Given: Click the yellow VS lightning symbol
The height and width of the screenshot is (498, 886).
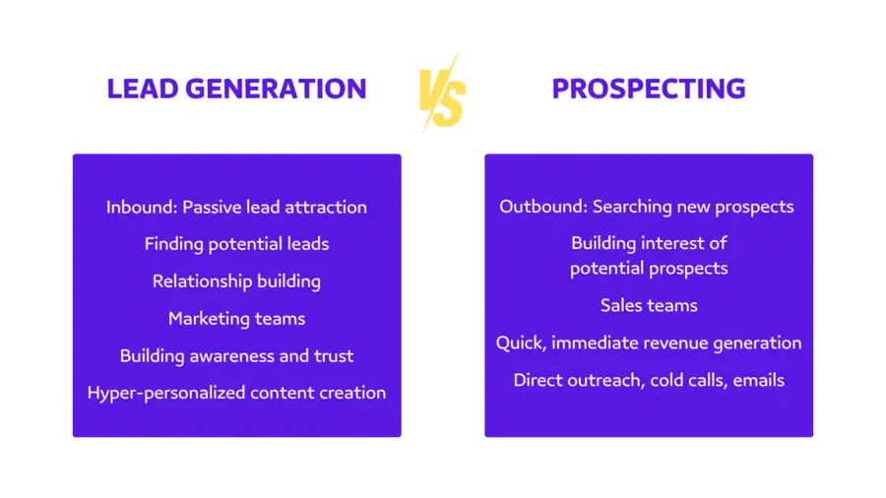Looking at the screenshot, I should tap(442, 92).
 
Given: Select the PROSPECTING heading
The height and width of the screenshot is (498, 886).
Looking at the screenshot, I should tap(648, 89).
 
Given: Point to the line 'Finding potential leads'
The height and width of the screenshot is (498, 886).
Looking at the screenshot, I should tap(236, 244).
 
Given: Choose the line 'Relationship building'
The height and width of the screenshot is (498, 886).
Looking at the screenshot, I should tap(236, 281).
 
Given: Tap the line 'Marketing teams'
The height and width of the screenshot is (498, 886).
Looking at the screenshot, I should tap(236, 319).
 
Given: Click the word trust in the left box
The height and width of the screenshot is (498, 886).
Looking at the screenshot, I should tap(332, 356).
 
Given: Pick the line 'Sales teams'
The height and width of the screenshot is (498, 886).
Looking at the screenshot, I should tap(649, 306).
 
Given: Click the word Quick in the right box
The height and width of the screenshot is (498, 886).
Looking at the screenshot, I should tap(519, 343).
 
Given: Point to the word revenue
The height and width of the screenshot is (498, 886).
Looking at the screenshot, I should tap(676, 343).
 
